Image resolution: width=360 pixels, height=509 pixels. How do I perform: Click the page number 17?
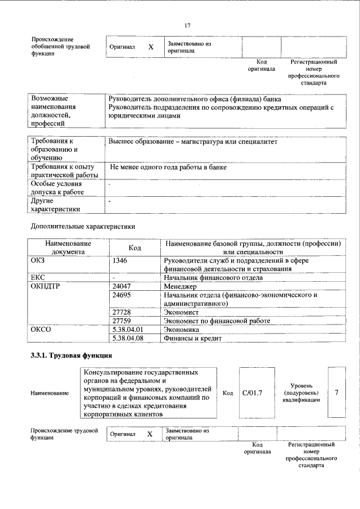coord(188,25)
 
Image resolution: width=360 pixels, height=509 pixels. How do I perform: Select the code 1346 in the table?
coord(120,261)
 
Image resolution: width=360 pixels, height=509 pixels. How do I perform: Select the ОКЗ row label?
coord(40,261)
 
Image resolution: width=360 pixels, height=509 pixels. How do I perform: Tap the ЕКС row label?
coord(39,277)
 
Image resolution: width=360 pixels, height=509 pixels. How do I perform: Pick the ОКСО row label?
coord(42,330)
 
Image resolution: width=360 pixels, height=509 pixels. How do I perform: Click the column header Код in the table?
coord(134,247)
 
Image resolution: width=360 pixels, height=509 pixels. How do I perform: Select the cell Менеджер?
coord(181,286)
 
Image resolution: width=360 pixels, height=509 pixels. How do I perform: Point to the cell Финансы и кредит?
coord(192,339)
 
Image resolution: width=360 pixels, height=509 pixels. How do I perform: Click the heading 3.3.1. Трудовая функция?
coord(71,355)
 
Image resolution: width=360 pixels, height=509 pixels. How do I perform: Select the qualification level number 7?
coord(336,392)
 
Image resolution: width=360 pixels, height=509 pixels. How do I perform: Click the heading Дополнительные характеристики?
coord(83,226)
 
